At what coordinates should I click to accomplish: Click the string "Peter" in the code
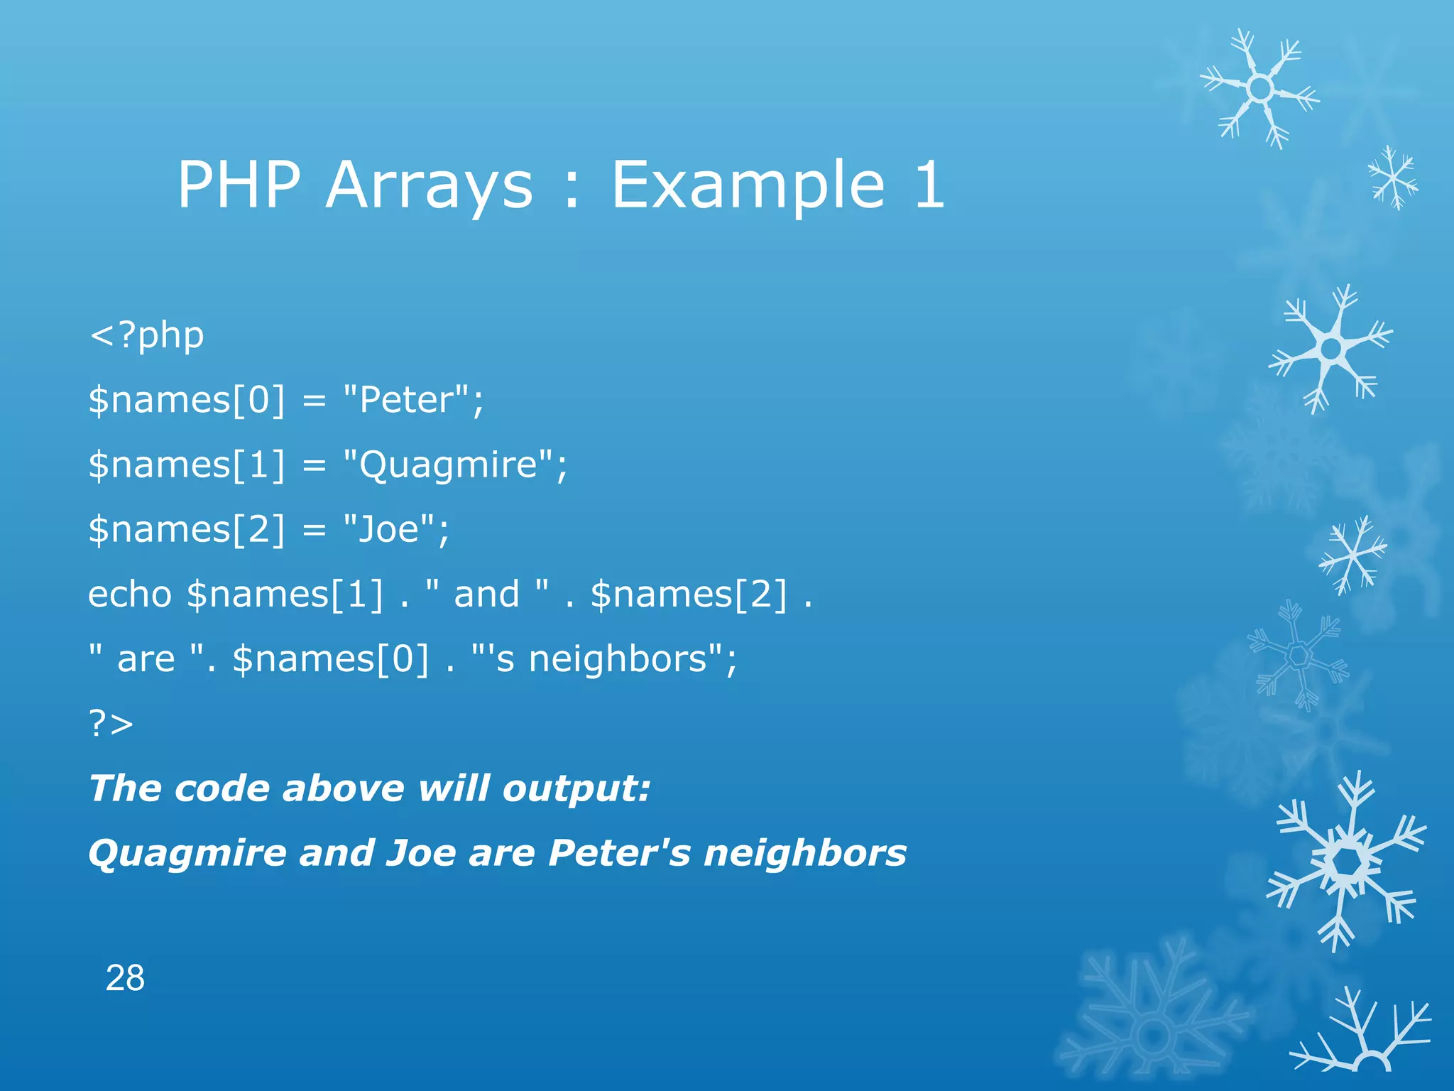click(x=406, y=399)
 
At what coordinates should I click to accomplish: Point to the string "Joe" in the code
click(x=388, y=529)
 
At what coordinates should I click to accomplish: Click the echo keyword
click(x=130, y=594)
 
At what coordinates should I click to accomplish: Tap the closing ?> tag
click(x=111, y=724)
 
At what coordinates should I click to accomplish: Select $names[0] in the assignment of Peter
click(x=186, y=399)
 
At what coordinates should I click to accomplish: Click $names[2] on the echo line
click(x=689, y=594)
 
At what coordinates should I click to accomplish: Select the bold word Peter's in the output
click(x=618, y=853)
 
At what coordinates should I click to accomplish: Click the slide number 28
click(x=125, y=978)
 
